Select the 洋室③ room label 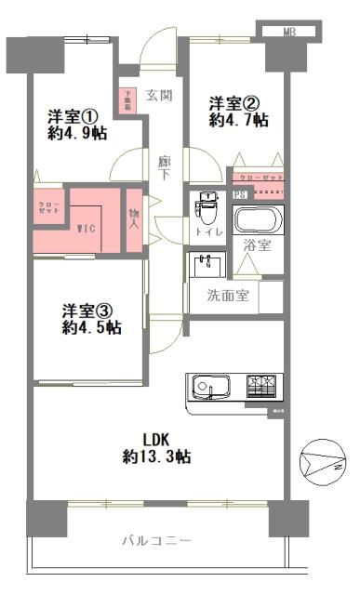[x=88, y=309]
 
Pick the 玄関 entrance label [x=159, y=95]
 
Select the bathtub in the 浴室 [x=258, y=221]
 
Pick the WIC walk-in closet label [x=85, y=228]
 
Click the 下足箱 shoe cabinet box [x=127, y=99]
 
